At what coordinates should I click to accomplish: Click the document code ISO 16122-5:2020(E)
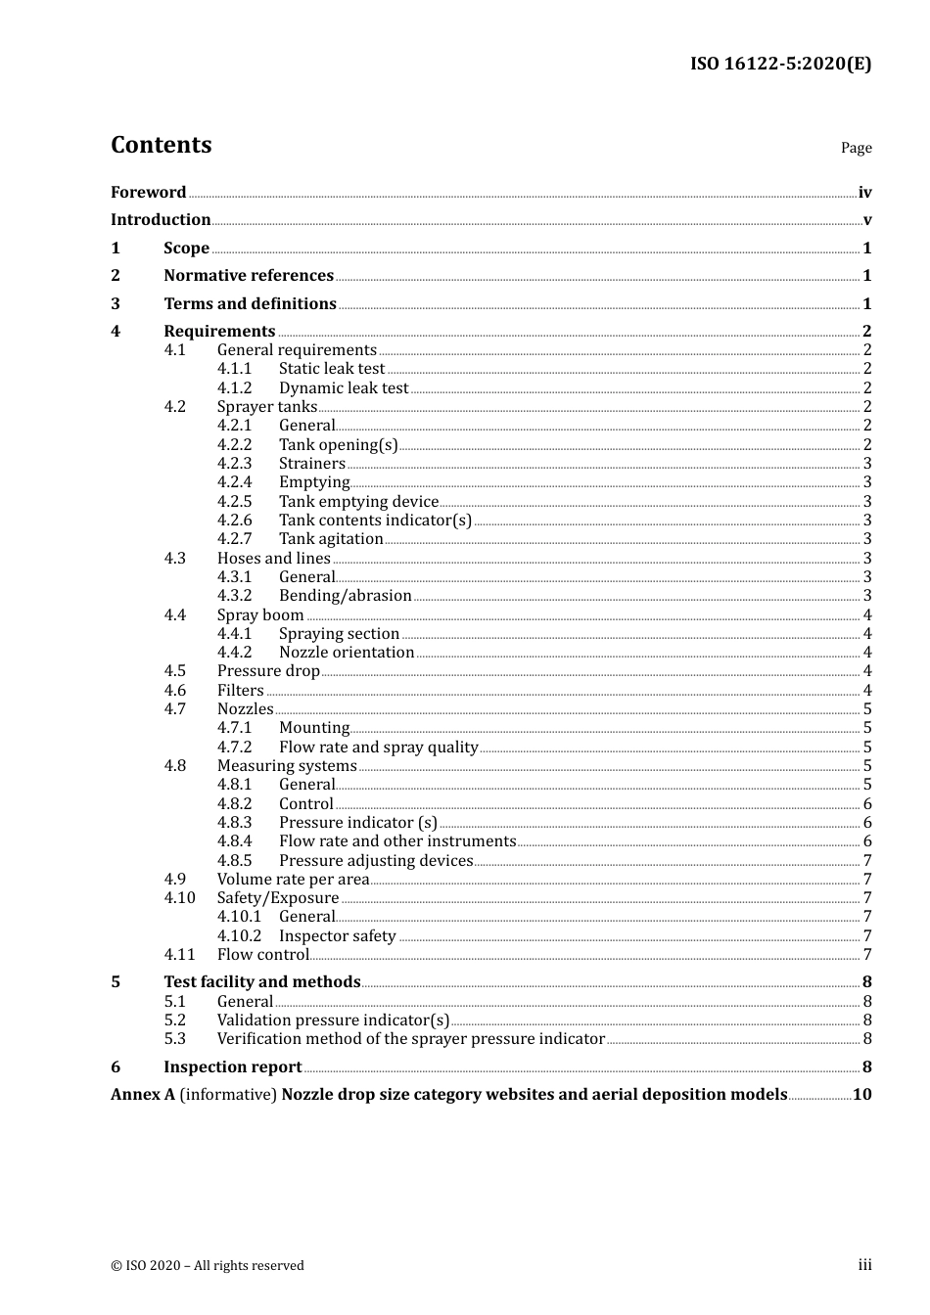780,64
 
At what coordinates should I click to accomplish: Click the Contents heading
162,145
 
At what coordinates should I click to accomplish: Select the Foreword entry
148,193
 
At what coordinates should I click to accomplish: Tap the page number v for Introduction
866,220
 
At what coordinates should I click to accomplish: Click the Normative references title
249,276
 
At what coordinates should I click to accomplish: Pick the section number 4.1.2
234,388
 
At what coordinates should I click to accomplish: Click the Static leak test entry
332,369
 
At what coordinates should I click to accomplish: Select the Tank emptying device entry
358,502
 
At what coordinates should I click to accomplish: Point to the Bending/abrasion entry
345,596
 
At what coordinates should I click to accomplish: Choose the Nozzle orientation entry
347,653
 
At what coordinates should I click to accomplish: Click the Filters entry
241,691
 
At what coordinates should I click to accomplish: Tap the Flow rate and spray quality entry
378,748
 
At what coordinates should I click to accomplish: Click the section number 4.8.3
234,823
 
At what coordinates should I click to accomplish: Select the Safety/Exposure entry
278,898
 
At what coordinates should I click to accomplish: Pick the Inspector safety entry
337,936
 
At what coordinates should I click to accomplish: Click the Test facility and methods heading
262,982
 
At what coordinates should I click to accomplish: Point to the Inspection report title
233,1067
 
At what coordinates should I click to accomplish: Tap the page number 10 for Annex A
861,1095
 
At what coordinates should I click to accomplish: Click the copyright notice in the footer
208,1266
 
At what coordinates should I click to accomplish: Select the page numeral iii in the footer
864,1265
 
